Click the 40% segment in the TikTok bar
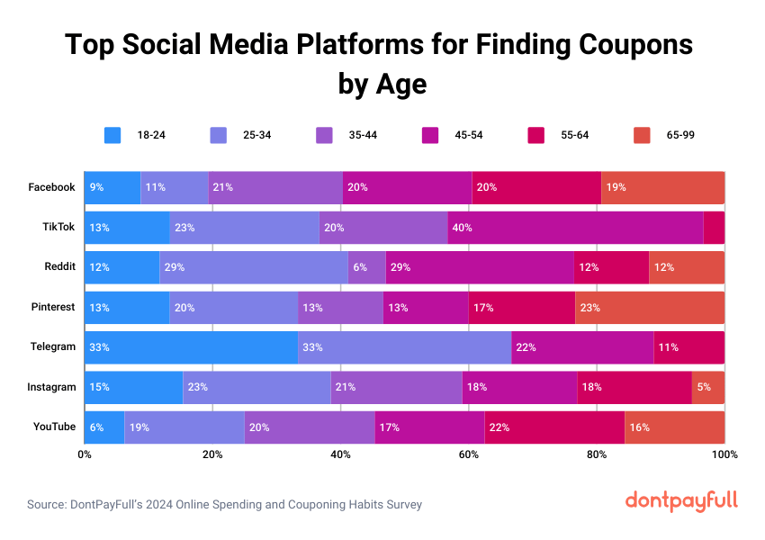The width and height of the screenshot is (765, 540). [x=575, y=228]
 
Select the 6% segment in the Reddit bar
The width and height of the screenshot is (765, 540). [x=366, y=267]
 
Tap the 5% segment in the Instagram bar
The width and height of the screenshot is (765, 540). [x=707, y=387]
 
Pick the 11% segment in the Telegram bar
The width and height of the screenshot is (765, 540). [x=688, y=347]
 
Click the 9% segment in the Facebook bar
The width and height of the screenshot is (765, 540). [x=112, y=187]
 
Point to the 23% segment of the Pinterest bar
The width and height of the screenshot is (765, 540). [x=649, y=307]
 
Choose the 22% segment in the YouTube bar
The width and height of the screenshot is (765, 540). [x=553, y=427]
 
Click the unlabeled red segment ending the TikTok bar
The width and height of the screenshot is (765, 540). [x=714, y=228]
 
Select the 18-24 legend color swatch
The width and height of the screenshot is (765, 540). [x=112, y=135]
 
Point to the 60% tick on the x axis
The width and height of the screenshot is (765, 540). [x=469, y=454]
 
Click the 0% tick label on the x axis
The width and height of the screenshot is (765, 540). [x=85, y=454]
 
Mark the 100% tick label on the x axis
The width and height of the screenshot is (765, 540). [x=724, y=454]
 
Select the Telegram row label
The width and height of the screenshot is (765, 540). [x=52, y=347]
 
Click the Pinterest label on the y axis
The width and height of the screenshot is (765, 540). [x=53, y=307]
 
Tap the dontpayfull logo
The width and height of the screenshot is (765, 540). [x=681, y=500]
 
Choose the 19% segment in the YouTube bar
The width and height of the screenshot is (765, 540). [x=184, y=427]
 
